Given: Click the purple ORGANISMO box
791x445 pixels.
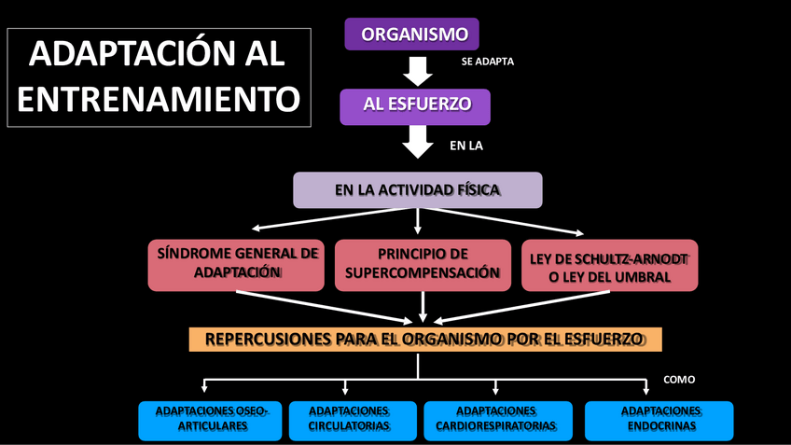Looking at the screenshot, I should coord(411,35).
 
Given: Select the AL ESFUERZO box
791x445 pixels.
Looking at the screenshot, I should coord(414,105).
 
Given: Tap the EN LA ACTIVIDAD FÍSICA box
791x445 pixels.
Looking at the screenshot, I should coord(417,190).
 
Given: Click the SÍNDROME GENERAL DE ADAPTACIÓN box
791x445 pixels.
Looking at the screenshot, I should coord(237,264).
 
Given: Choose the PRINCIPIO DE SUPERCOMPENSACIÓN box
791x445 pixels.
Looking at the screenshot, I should coord(423,264).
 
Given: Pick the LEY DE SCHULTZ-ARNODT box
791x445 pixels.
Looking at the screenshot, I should coord(609,266).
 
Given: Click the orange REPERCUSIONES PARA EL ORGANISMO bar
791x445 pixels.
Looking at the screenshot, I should coord(424,339).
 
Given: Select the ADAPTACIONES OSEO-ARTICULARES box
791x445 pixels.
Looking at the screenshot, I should coord(210,420).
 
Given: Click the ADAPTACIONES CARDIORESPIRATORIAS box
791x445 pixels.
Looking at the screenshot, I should coord(497,420).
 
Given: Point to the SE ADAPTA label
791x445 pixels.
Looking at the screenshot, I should coord(488,62).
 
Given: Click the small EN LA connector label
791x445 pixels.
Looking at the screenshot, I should coord(466,146).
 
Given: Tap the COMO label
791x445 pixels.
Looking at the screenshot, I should coord(679,380).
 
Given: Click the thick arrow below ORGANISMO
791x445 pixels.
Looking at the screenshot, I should coord(416,71).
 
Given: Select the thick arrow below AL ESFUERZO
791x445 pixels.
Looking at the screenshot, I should coord(416,141).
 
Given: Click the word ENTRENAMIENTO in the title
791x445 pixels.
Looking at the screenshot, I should coord(160,99).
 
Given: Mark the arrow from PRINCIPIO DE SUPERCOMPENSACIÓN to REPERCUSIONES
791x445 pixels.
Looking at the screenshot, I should coord(423,307).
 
